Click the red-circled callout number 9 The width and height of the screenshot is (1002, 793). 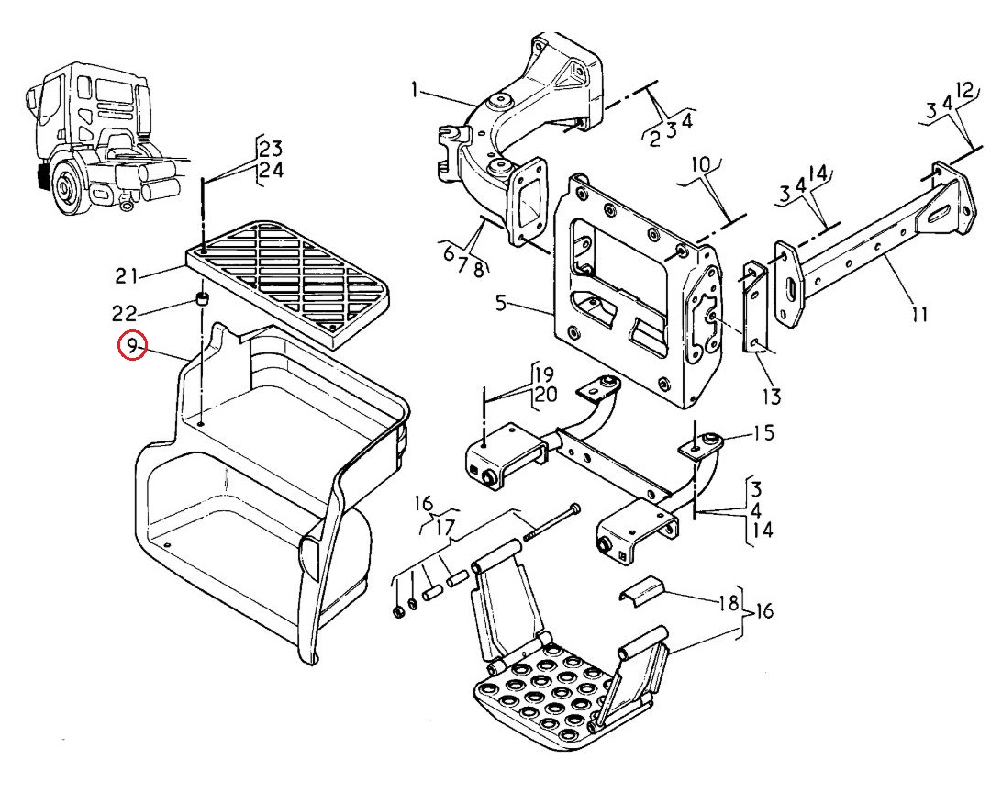coord(131,346)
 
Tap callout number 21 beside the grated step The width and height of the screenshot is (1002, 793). coord(127,276)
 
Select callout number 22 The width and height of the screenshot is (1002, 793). coord(125,314)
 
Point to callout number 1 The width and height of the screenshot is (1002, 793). coord(415,90)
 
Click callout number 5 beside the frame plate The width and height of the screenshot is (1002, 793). coord(501,302)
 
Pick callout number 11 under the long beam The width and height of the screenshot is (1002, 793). coord(918,315)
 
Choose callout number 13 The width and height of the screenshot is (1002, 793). coord(772,396)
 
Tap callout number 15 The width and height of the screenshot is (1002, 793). coord(764,432)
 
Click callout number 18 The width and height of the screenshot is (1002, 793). coord(729,603)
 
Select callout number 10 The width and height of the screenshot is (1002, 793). coord(701,165)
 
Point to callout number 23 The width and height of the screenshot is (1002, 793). coord(271,149)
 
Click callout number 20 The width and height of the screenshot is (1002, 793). coord(546,395)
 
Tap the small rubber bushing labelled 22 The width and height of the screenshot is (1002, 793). coord(202,297)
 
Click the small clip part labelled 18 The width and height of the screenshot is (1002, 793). coord(641,590)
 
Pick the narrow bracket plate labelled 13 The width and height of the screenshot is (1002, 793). coord(754,307)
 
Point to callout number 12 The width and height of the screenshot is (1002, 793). coord(965,89)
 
